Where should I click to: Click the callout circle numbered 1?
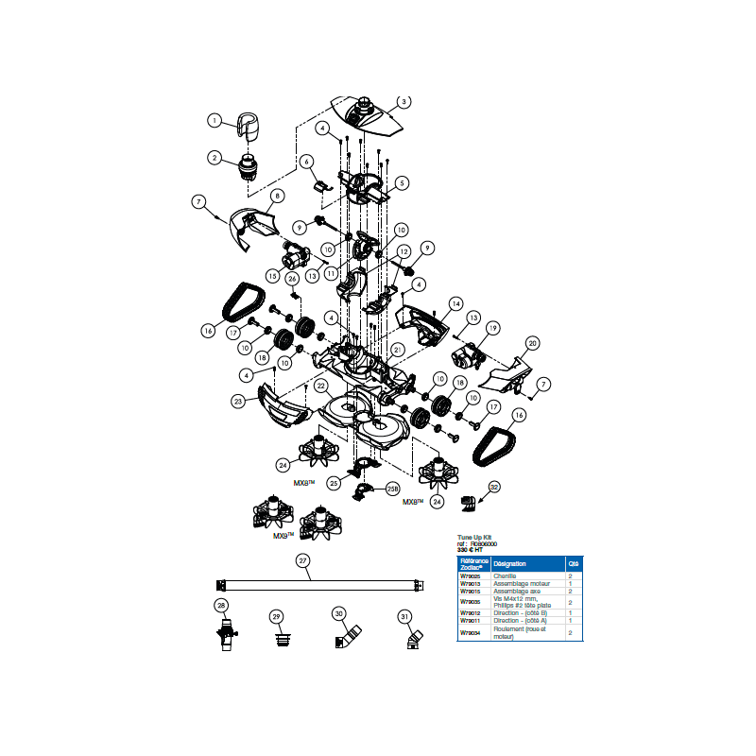click(214, 121)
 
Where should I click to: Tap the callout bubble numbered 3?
click(404, 102)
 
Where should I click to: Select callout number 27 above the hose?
click(303, 560)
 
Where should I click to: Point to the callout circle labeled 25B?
click(392, 489)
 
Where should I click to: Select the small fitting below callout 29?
click(277, 640)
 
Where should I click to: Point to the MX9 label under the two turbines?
click(282, 535)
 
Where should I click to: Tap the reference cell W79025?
click(470, 575)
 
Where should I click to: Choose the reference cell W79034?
click(470, 632)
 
